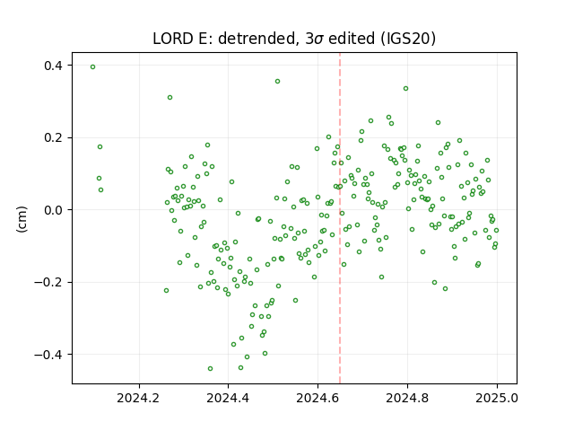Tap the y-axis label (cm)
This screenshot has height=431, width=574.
22,219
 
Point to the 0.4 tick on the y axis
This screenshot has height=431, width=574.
54,66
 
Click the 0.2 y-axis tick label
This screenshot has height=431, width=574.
54,137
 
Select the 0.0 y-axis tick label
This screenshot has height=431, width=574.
54,210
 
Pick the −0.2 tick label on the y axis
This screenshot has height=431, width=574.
48,282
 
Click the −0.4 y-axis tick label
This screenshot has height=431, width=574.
48,355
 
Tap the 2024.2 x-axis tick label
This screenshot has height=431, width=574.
139,398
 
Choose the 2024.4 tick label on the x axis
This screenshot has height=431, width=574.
228,398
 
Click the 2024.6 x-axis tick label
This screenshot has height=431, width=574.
317,398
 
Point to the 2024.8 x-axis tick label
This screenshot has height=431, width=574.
407,398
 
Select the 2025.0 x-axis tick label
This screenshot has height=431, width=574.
497,398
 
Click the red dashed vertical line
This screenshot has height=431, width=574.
340,218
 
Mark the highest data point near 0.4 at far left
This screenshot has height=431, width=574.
93,67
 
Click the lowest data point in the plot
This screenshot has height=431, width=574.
210,369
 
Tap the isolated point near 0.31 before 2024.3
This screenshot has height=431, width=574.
170,98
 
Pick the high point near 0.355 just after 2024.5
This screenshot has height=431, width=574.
277,82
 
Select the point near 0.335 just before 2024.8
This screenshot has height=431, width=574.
405,89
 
